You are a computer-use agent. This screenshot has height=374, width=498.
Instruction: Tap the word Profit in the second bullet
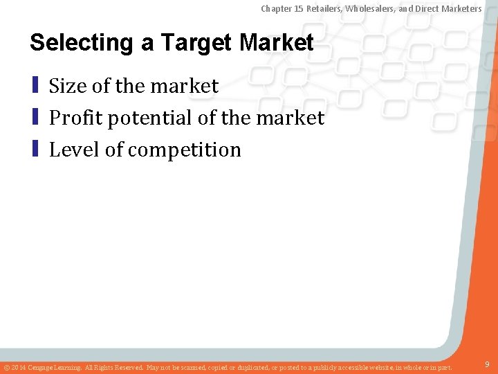[x=73, y=118]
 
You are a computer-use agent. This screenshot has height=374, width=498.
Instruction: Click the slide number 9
[x=488, y=364]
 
